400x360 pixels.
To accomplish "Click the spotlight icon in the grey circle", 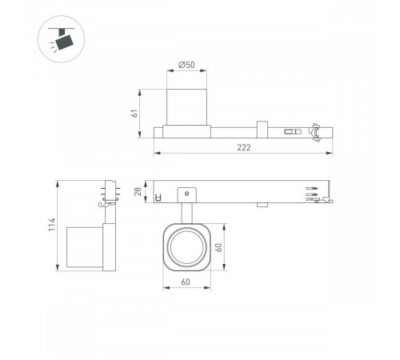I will point(59,38).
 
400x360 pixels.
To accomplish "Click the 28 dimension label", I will point(137,191).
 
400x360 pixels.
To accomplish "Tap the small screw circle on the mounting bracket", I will point(187,193).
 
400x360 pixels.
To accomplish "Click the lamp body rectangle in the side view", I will point(85,248).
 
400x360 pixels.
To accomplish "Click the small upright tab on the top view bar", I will point(261,129).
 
